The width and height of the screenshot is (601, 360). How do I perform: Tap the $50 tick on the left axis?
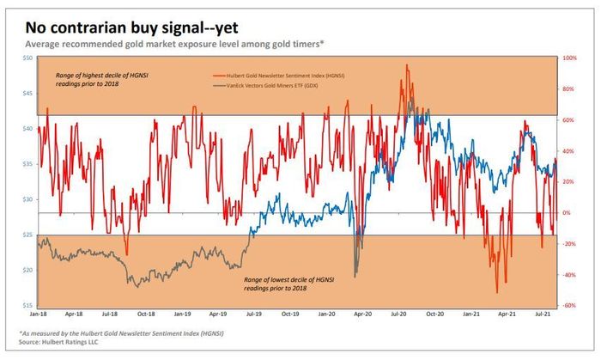(27, 58)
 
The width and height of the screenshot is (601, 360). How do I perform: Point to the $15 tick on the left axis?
(27, 306)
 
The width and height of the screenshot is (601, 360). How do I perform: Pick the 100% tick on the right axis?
(569, 58)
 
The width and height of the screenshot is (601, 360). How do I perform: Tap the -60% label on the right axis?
(569, 306)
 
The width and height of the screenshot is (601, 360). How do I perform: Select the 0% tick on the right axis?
(567, 213)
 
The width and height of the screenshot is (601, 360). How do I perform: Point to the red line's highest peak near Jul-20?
(406, 64)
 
